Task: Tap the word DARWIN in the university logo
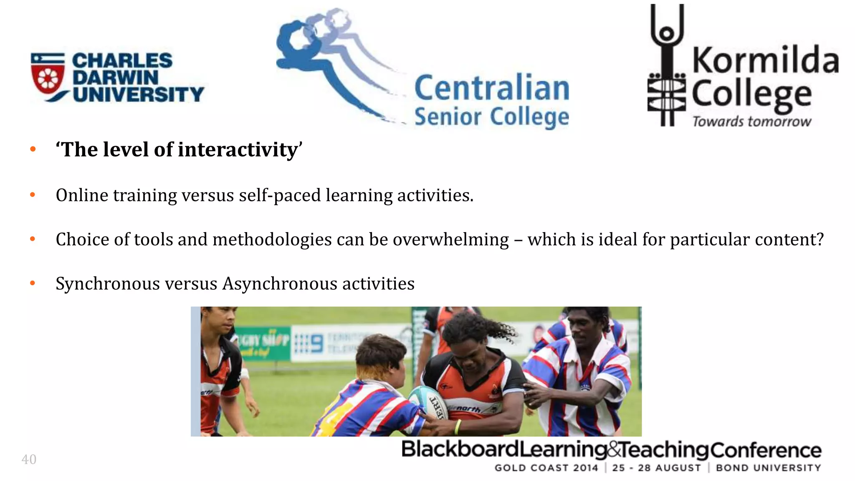(115, 78)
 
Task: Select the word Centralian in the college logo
(491, 88)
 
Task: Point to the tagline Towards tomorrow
(751, 122)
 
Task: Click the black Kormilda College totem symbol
(667, 67)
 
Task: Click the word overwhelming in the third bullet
(450, 240)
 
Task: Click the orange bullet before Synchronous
(33, 284)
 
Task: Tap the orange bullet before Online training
(33, 195)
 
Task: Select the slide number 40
(29, 459)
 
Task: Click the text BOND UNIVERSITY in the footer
(768, 468)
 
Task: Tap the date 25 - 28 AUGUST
(656, 468)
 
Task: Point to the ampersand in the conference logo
(614, 450)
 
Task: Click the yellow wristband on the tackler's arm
(458, 426)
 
